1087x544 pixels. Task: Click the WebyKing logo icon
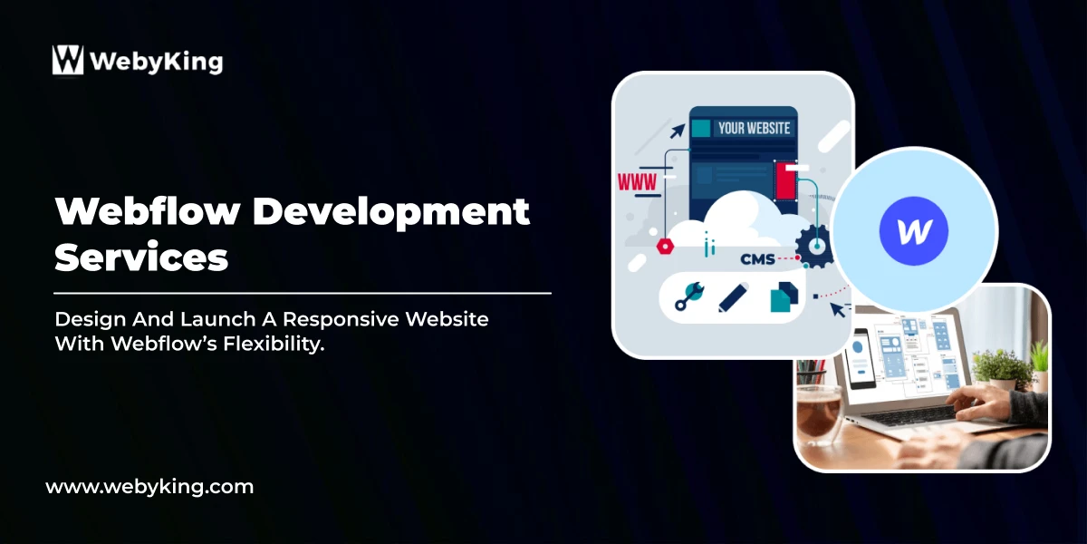pos(68,60)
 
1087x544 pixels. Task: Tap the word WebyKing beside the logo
pos(155,62)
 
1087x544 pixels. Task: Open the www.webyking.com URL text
pos(149,487)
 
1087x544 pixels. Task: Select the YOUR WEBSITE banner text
pos(754,128)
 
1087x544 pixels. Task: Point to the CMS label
pos(757,259)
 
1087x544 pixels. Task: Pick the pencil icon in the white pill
pos(733,296)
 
